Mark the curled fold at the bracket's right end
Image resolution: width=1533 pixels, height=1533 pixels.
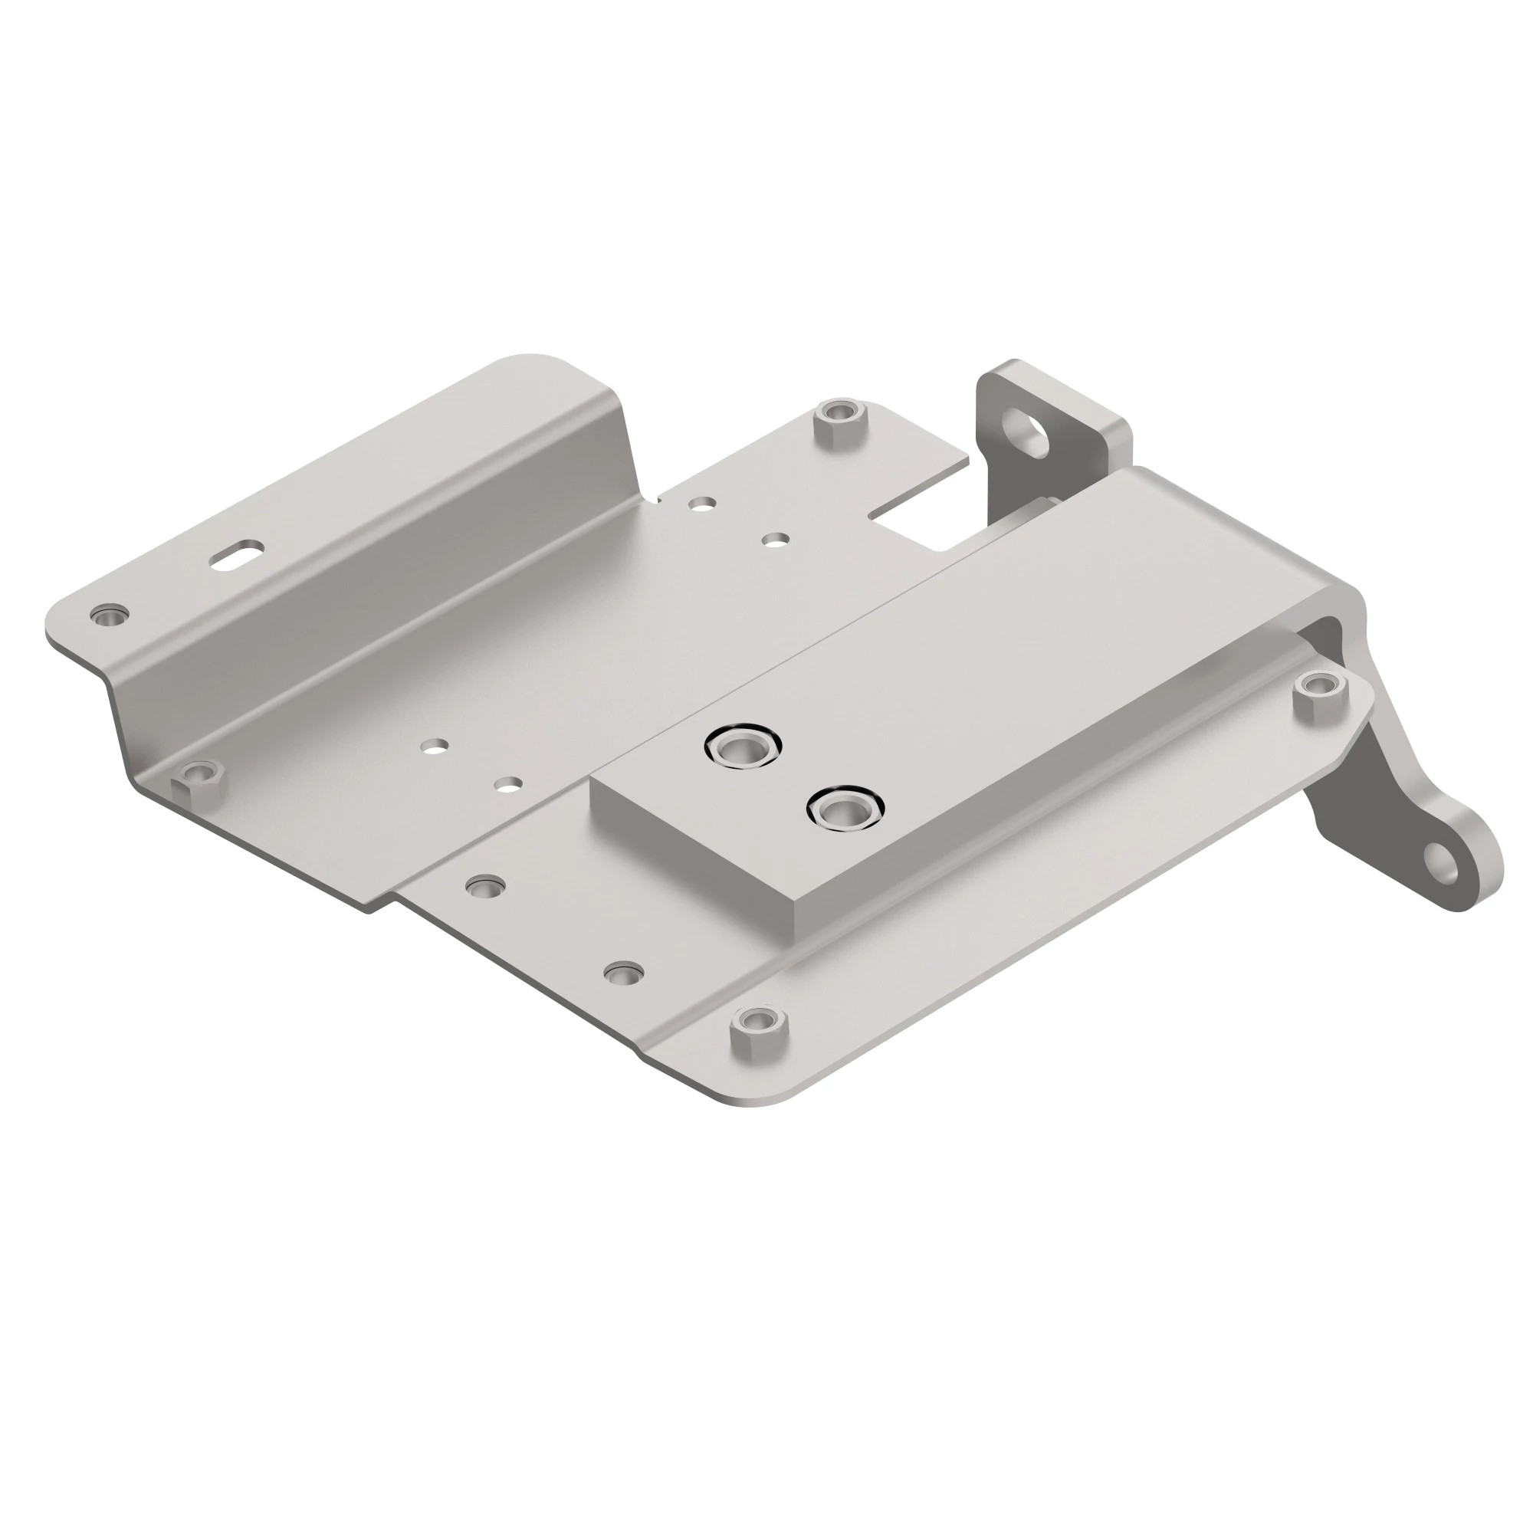[x=1341, y=611]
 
